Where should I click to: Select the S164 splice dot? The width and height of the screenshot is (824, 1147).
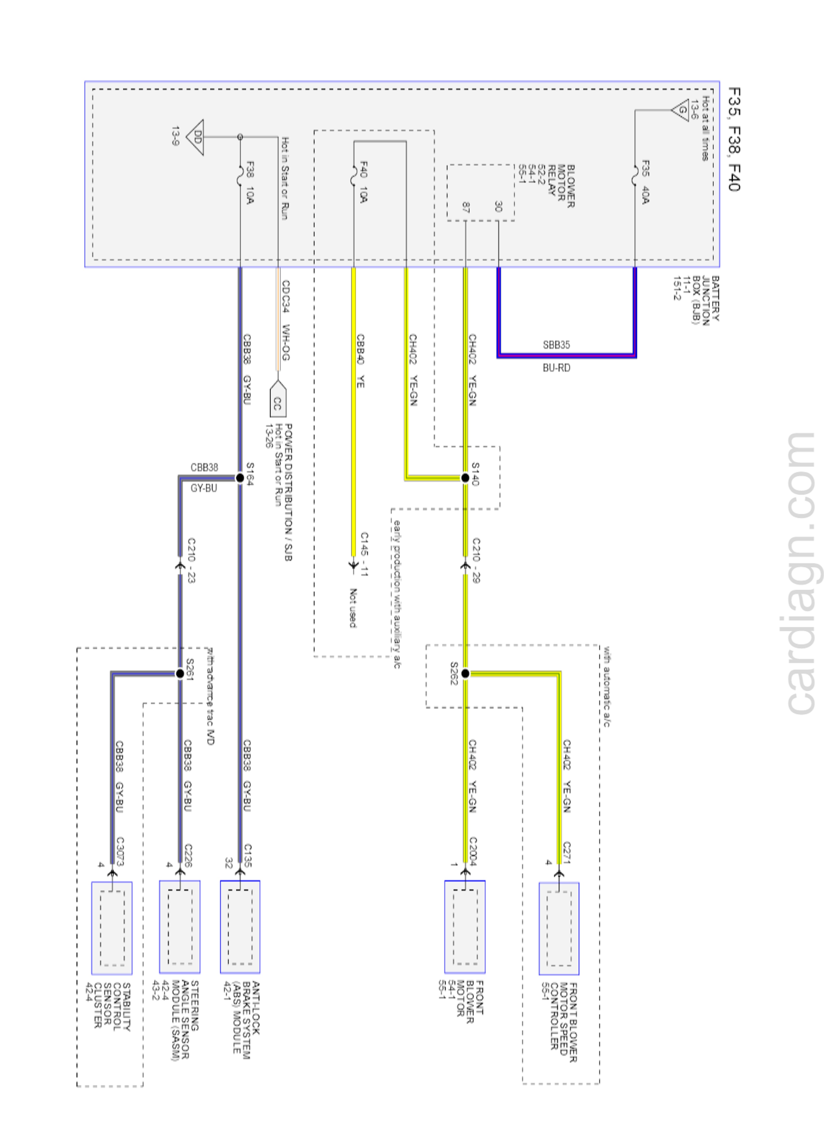(x=240, y=477)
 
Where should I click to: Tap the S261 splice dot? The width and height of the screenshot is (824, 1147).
(x=180, y=673)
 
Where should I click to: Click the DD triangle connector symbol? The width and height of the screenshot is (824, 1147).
(x=196, y=137)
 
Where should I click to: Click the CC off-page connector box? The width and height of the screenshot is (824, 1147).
(x=277, y=403)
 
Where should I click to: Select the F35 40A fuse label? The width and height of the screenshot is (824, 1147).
(x=645, y=182)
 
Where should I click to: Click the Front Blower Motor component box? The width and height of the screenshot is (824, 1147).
(x=464, y=926)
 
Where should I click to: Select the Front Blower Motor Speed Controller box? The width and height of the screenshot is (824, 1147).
(x=558, y=928)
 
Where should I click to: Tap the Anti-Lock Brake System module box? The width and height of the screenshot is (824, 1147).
(x=240, y=926)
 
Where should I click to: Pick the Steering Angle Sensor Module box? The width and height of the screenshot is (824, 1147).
(x=180, y=926)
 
